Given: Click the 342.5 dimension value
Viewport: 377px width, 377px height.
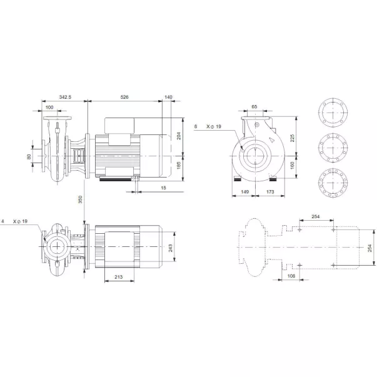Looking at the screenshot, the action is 65,97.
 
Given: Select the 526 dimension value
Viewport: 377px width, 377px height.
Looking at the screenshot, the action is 124,97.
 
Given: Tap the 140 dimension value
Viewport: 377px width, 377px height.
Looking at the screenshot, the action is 168,97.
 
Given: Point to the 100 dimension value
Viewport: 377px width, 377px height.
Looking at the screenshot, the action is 49,108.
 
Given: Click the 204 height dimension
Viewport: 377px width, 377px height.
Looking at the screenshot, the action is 179,136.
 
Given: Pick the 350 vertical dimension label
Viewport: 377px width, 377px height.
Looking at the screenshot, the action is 80,199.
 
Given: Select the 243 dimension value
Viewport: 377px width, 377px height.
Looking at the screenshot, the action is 171,248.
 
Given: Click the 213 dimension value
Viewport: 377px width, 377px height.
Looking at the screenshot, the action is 119,277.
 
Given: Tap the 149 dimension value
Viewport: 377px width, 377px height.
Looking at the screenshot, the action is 244,192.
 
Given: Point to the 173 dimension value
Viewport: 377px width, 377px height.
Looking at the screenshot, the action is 270,192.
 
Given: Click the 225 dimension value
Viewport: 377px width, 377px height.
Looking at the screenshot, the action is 293,138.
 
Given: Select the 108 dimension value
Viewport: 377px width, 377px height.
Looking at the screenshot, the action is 291,276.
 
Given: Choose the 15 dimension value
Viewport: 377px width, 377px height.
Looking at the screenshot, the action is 163,188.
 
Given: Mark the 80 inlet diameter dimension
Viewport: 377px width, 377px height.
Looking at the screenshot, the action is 29,157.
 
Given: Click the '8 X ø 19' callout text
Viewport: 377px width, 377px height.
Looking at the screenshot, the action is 208,126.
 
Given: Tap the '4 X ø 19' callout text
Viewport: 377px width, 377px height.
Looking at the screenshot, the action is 14,221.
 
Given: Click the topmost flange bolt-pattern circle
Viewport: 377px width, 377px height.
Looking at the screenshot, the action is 333,113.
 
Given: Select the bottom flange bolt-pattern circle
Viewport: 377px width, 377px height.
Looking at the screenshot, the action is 333,183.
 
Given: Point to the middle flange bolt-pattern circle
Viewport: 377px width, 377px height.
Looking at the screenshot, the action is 333,148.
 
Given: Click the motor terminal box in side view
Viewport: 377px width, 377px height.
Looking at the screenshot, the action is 119,125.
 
